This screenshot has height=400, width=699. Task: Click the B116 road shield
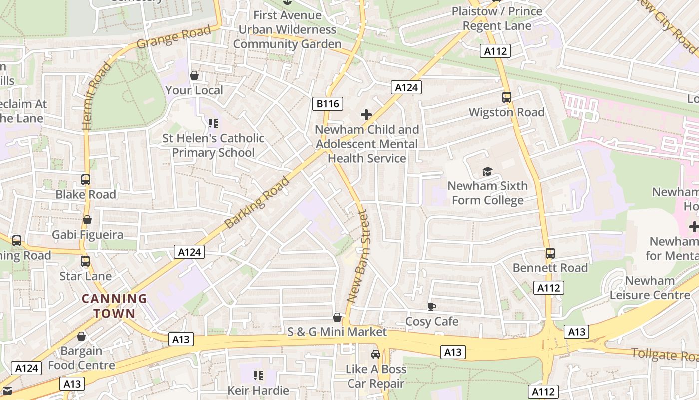[328, 104]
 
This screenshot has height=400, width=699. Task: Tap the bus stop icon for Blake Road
[86, 180]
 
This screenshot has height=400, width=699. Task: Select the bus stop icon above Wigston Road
[507, 97]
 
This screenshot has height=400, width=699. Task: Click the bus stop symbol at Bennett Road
[550, 253]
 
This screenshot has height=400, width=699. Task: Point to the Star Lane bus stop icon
[85, 261]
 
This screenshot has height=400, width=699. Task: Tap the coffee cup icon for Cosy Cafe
[432, 307]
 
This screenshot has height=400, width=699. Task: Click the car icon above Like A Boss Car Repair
[376, 354]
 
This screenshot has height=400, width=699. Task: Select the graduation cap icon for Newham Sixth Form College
[487, 172]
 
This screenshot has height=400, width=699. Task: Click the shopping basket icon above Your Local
[194, 75]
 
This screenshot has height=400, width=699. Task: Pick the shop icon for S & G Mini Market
[337, 317]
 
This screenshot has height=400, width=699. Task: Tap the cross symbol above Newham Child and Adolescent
[366, 115]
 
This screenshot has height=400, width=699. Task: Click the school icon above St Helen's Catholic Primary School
[213, 123]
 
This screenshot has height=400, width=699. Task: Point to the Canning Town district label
[114, 306]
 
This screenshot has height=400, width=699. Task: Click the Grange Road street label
[174, 37]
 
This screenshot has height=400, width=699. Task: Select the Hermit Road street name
[97, 96]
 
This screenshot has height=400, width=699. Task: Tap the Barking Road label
[257, 202]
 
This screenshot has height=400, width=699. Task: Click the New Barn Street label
[358, 257]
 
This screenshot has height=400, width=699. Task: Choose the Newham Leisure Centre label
[650, 288]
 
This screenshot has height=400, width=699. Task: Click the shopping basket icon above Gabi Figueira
[87, 220]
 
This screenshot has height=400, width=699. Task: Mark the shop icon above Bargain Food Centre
[81, 336]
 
